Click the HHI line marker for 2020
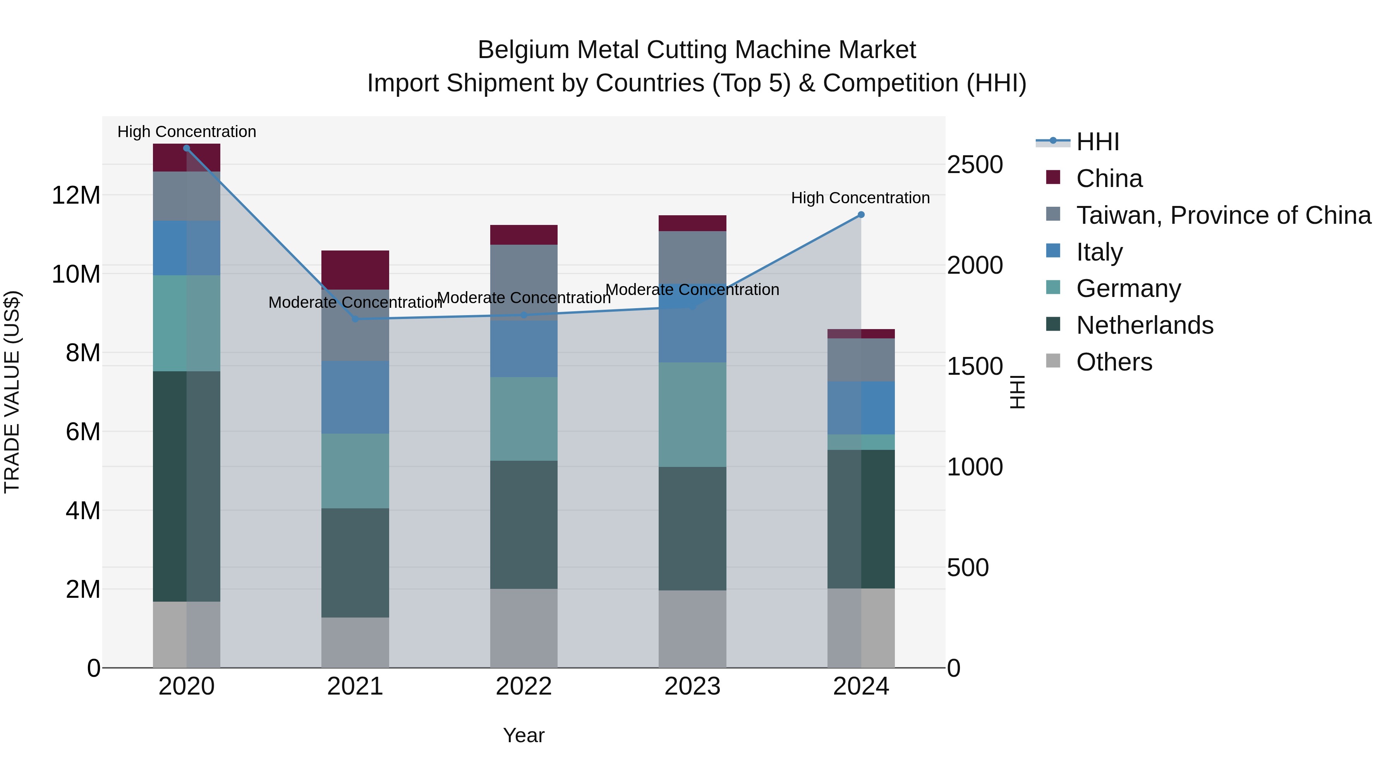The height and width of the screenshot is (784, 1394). click(x=187, y=148)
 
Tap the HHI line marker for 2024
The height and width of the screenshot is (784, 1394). click(x=861, y=215)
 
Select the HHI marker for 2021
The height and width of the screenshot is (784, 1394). click(x=355, y=319)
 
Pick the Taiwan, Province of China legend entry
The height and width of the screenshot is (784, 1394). click(x=1223, y=215)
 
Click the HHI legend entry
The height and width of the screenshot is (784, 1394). click(x=1097, y=142)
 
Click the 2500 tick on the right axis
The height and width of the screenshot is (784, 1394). click(x=975, y=165)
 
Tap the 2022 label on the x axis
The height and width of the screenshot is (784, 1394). click(x=523, y=686)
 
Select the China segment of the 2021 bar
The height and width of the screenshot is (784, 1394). click(x=355, y=269)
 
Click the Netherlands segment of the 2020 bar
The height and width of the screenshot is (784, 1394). click(x=187, y=486)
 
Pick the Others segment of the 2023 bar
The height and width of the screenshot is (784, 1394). click(x=692, y=629)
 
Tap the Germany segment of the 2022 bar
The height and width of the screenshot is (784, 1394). click(x=523, y=419)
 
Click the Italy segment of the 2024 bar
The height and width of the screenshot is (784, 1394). click(x=861, y=408)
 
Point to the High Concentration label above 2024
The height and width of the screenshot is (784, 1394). click(x=860, y=198)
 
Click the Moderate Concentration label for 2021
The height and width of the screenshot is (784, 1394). click(x=355, y=302)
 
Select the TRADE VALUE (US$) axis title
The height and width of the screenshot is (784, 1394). click(x=12, y=392)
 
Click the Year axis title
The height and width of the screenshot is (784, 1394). click(x=523, y=735)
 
